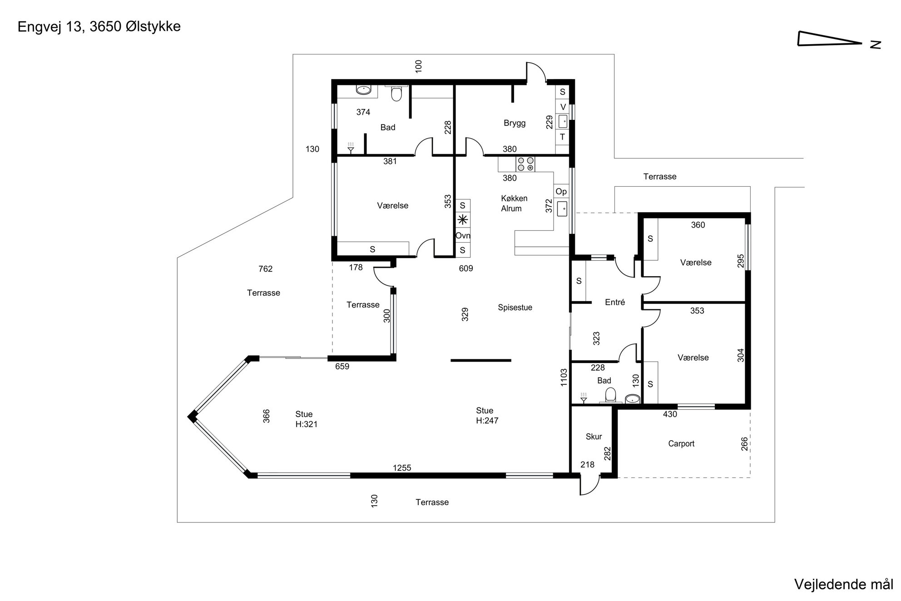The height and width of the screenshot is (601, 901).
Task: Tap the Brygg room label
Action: [x=515, y=123]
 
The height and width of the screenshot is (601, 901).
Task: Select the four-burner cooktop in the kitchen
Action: [x=525, y=164]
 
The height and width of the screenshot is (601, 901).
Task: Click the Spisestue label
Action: [x=515, y=308]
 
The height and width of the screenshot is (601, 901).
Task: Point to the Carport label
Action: [x=681, y=444]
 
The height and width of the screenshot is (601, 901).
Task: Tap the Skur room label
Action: [x=594, y=437]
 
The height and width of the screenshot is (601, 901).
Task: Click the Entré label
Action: [x=615, y=302]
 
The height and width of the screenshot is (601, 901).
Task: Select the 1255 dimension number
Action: [x=402, y=468]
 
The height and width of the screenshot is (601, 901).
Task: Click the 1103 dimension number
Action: [x=564, y=377]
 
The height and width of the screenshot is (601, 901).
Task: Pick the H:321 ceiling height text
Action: [x=307, y=424]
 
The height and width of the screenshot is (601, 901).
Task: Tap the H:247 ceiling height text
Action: [x=487, y=421]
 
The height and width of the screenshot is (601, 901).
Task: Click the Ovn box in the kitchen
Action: [x=463, y=235]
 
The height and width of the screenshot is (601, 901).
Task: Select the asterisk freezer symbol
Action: [x=463, y=220]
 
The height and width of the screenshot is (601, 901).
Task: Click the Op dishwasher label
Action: [x=561, y=192]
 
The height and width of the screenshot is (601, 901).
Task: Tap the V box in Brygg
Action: [x=563, y=107]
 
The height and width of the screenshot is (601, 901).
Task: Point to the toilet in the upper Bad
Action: [x=396, y=93]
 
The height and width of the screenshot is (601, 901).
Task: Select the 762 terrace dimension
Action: [x=265, y=269]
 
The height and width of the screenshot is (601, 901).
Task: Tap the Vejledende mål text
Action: [x=844, y=584]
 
